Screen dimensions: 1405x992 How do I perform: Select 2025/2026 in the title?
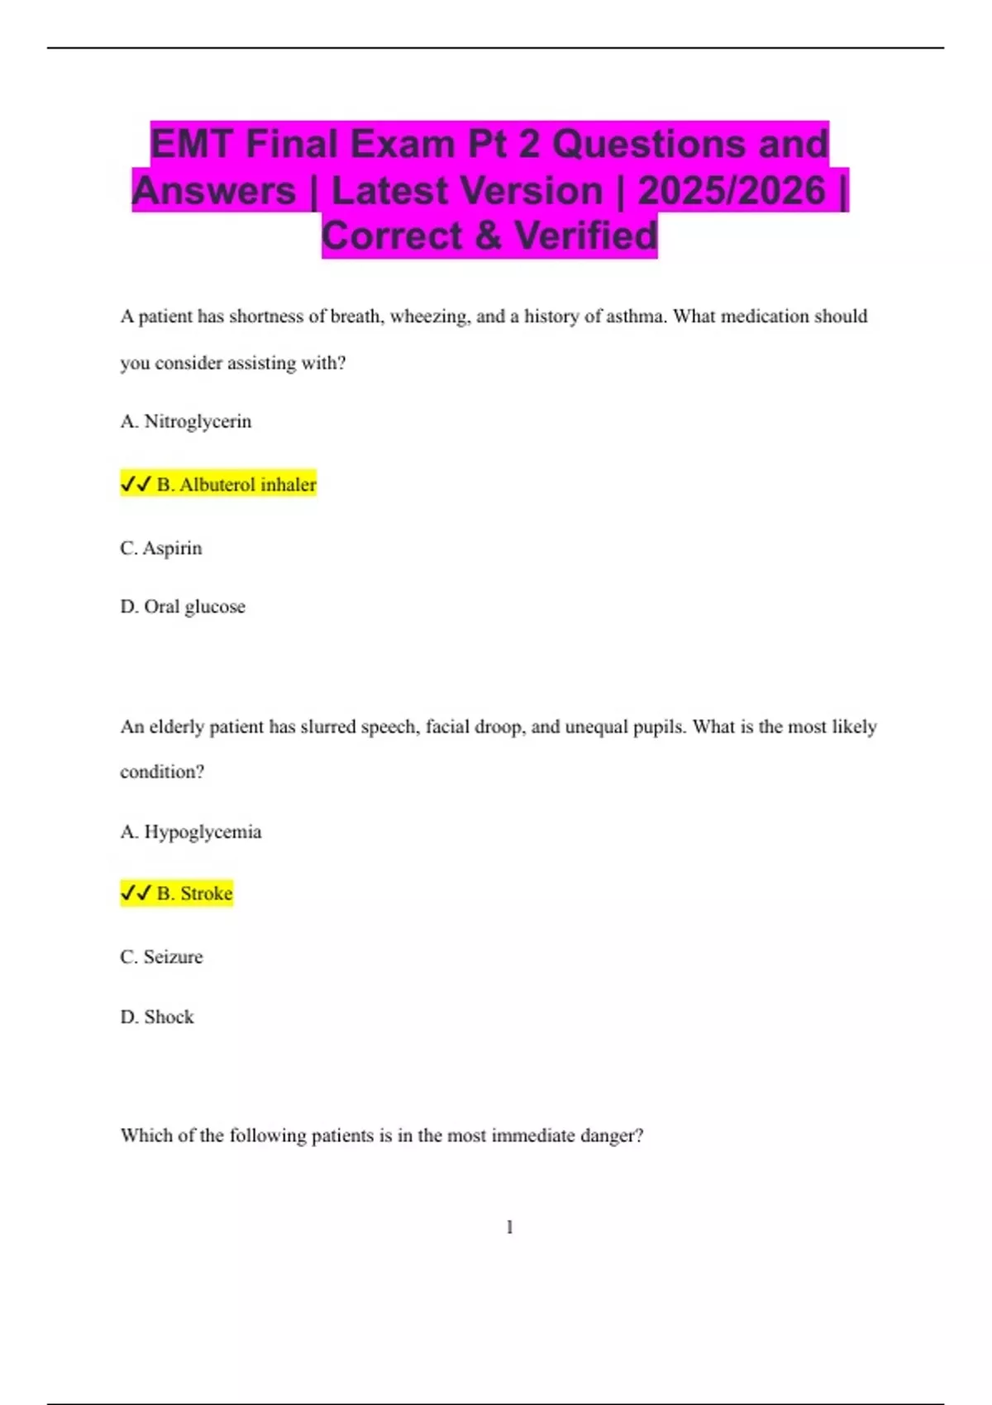coord(732,191)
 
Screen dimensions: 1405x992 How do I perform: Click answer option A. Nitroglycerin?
coord(186,421)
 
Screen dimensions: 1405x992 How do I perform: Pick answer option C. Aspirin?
coord(161,548)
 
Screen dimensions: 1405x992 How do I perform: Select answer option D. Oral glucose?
coord(183,607)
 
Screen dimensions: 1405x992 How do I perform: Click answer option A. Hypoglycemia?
coord(191,831)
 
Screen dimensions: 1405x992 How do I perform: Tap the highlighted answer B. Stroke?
coord(194,893)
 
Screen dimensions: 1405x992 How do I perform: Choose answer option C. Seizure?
coord(161,957)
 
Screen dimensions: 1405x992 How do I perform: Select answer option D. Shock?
coord(157,1017)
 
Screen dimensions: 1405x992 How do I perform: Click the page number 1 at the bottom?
coord(509,1227)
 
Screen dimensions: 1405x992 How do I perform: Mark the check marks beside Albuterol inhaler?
coord(136,484)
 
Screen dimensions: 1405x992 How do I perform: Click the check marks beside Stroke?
coord(136,893)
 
